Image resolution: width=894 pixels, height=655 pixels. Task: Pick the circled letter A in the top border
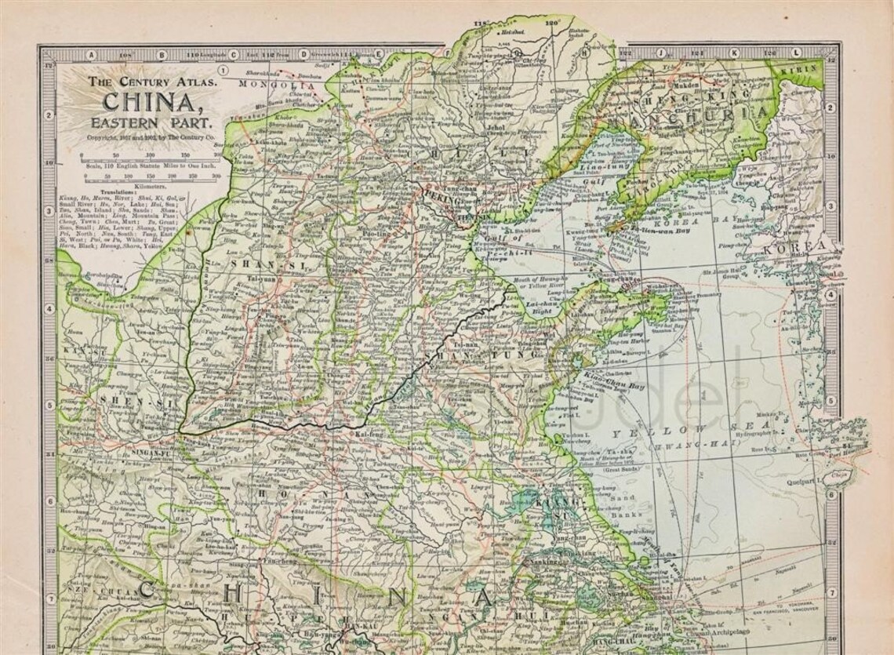click(92, 55)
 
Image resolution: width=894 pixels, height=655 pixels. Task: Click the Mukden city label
click(679, 82)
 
